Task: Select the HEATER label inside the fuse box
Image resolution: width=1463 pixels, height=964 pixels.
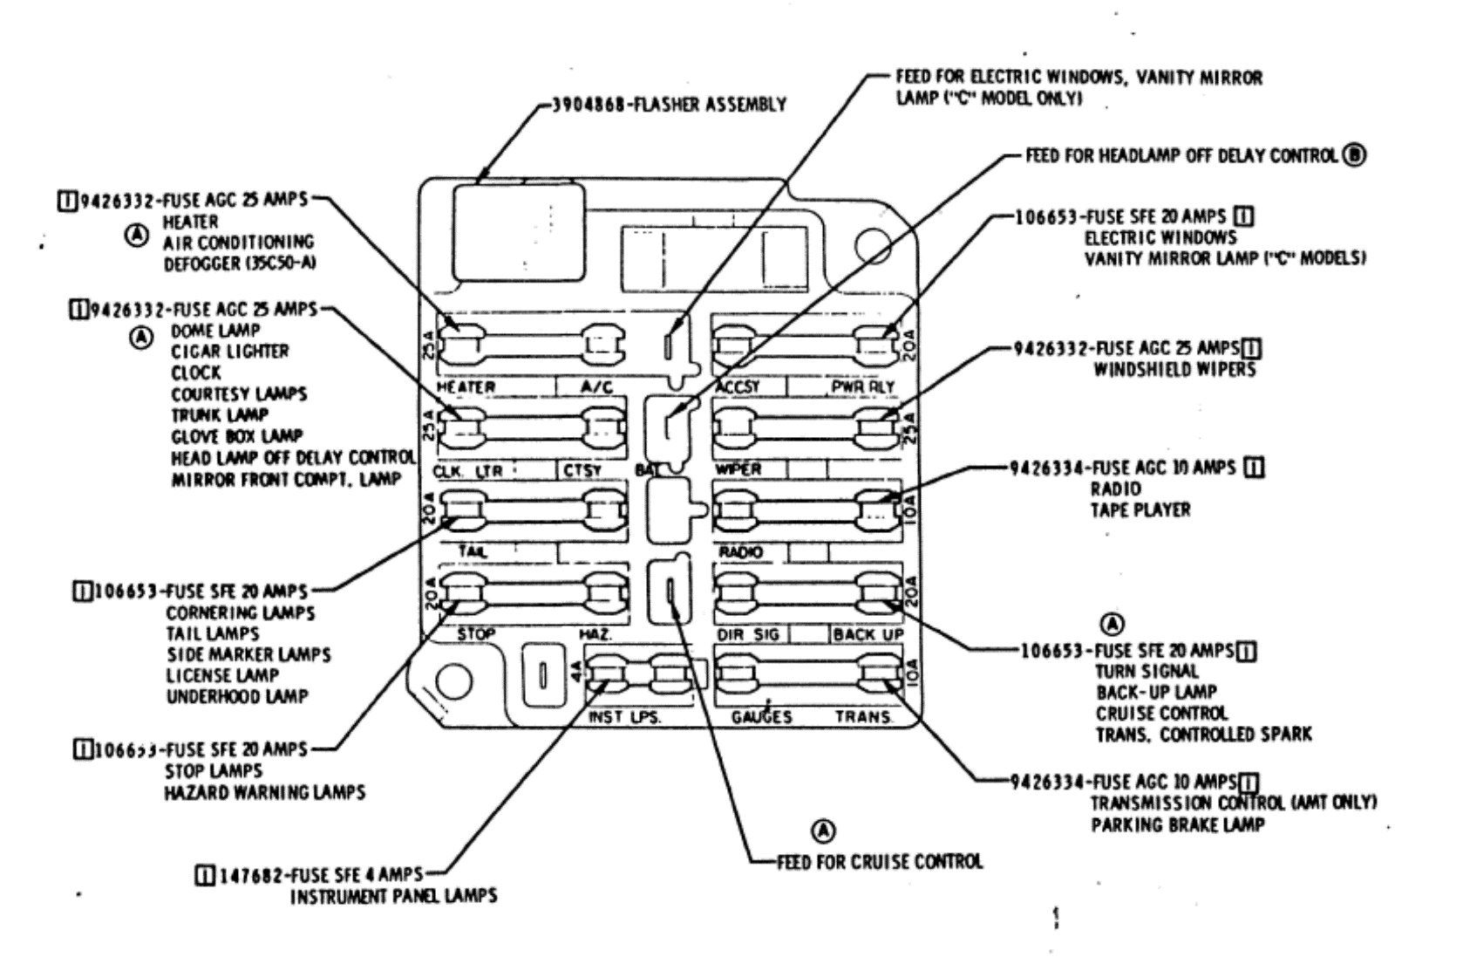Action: tap(466, 386)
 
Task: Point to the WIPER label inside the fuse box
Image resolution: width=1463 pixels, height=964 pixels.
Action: tap(738, 469)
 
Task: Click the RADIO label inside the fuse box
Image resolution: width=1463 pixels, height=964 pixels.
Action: tap(740, 552)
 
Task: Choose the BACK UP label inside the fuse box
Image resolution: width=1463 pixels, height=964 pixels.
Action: tap(868, 634)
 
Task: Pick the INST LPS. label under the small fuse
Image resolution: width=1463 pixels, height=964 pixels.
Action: tap(625, 717)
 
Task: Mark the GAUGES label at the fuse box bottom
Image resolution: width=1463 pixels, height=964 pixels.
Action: tap(762, 717)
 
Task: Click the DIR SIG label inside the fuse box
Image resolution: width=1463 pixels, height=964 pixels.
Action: tap(747, 634)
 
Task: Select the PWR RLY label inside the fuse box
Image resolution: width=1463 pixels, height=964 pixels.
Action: tap(862, 386)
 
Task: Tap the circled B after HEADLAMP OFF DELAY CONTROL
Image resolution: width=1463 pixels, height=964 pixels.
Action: tap(1355, 155)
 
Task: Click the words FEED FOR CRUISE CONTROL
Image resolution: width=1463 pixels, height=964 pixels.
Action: tap(880, 862)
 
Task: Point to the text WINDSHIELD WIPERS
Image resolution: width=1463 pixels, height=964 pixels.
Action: tap(1174, 370)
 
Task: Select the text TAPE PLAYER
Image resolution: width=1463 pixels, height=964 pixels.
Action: tap(1140, 509)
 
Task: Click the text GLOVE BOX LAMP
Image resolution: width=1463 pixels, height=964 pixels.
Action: tap(237, 435)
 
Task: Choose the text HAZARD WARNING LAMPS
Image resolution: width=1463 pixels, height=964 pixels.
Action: tap(265, 793)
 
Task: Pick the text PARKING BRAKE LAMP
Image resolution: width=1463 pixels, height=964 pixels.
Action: tap(1177, 824)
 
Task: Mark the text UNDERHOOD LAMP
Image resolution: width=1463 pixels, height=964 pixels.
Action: tap(237, 696)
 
